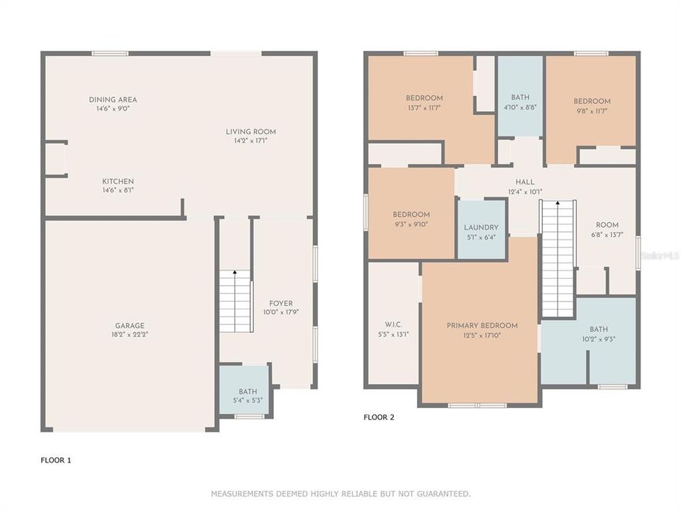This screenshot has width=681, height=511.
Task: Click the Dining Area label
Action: point(113,99)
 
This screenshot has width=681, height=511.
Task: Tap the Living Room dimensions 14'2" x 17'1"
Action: point(250,141)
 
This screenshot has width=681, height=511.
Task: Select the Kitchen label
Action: point(118,181)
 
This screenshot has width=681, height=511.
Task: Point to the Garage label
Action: point(130,326)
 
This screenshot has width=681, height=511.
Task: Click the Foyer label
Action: point(281,303)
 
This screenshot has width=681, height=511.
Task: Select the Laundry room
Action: point(482,229)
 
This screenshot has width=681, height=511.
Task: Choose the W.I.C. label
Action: point(394,324)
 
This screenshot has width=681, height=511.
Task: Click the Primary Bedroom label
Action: point(482,326)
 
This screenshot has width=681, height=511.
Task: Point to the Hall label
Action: point(525,182)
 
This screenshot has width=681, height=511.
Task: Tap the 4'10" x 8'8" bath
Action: point(520,97)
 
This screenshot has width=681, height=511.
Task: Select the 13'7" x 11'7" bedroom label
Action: point(424,98)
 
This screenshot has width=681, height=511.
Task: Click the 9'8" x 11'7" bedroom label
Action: point(592,101)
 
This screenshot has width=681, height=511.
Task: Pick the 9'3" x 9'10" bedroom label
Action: point(411,214)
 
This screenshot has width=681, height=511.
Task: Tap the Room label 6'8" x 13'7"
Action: point(607,225)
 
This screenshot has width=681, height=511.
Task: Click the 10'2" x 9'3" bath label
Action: point(599,329)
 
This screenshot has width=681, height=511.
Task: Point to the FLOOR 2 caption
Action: point(379,417)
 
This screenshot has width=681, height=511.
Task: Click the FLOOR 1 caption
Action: point(55,460)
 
